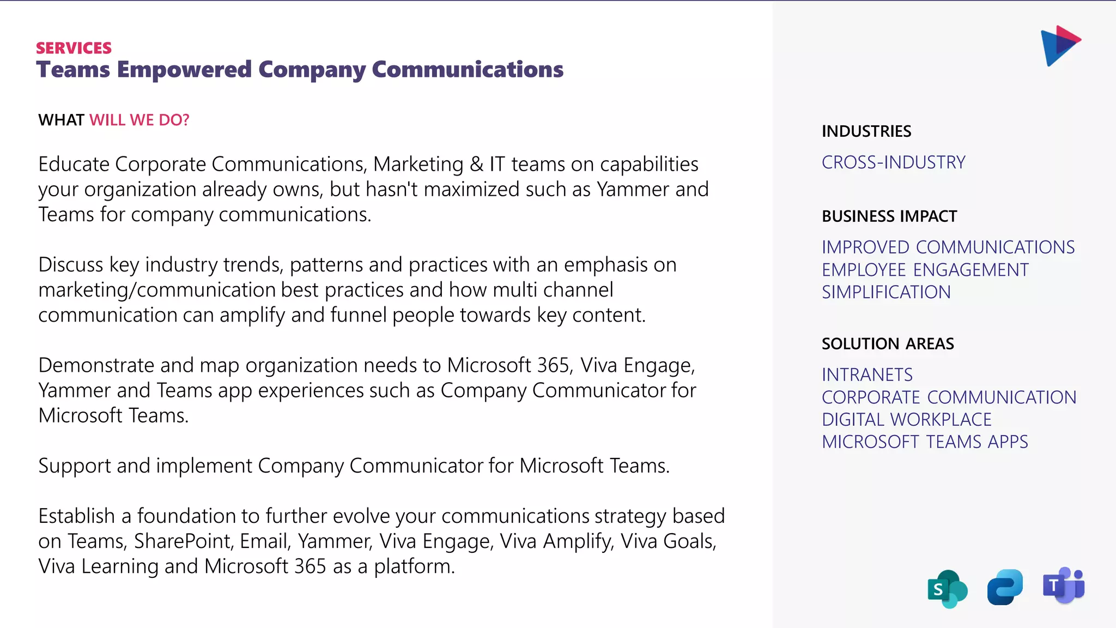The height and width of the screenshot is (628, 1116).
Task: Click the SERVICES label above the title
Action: coord(74,48)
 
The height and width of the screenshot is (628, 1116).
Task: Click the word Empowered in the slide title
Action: coord(184,70)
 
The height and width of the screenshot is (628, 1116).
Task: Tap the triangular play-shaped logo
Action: coord(1059,45)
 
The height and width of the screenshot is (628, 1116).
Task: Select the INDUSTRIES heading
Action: coord(866,131)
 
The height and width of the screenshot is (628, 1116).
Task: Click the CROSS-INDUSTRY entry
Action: coord(893,162)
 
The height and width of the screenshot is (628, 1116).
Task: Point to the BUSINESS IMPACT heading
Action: coord(889,216)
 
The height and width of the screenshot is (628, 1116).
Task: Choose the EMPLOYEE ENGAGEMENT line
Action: coord(925,270)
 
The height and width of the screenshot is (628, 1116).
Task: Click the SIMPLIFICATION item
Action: coord(886,292)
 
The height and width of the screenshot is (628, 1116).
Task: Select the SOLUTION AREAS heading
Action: coord(888,344)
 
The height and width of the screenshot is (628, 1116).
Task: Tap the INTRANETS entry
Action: coord(867,375)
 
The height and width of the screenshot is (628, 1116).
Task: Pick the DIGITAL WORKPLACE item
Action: coord(906,420)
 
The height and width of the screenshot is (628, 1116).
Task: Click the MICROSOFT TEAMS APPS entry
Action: coord(925,442)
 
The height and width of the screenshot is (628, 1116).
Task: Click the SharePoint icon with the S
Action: coord(947,589)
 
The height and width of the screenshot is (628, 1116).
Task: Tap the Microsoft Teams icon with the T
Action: coord(1063,585)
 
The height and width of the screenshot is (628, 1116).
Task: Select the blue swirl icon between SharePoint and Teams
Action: coord(1005,587)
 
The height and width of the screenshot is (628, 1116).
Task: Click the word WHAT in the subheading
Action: coord(61,120)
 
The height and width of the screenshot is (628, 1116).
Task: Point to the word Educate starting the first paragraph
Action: coord(74,164)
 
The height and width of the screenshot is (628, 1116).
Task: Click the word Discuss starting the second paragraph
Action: coord(70,265)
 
